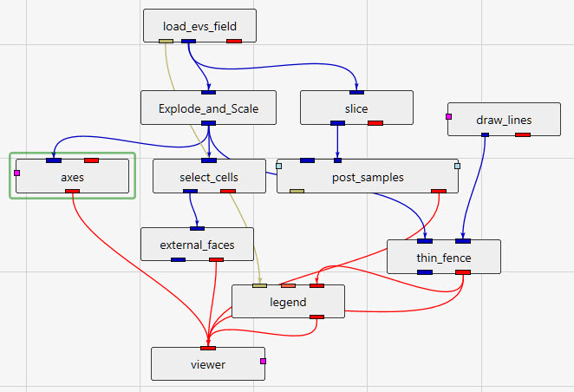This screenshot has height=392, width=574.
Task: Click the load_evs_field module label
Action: pyautogui.click(x=199, y=26)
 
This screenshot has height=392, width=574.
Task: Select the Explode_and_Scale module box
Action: pyautogui.click(x=208, y=108)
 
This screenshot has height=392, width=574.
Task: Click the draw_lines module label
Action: pyautogui.click(x=504, y=120)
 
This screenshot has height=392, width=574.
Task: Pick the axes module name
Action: pyautogui.click(x=72, y=177)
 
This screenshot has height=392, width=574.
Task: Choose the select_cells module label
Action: pyautogui.click(x=208, y=177)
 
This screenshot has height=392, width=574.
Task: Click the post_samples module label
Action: pyautogui.click(x=368, y=177)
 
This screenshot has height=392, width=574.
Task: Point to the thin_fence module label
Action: pyautogui.click(x=443, y=257)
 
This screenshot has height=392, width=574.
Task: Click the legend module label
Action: pyautogui.click(x=288, y=302)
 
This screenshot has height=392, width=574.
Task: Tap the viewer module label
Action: pyautogui.click(x=208, y=364)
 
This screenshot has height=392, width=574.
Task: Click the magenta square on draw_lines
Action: pyautogui.click(x=449, y=115)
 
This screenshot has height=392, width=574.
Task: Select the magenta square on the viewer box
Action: pyautogui.click(x=262, y=361)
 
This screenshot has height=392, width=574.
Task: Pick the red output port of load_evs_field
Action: pyautogui.click(x=233, y=40)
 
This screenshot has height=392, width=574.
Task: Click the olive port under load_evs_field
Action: pyautogui.click(x=167, y=40)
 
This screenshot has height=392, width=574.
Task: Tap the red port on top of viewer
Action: pyautogui.click(x=208, y=348)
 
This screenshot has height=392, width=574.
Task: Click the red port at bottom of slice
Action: pyautogui.click(x=375, y=122)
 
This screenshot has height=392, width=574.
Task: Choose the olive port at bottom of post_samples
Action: pyautogui.click(x=297, y=191)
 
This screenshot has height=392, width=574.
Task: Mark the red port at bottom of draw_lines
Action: pyautogui.click(x=523, y=134)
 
